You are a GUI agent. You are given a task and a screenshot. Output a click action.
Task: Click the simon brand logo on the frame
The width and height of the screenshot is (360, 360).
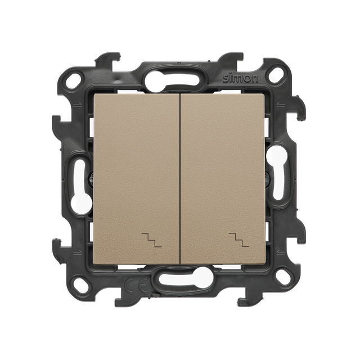[x=241, y=79]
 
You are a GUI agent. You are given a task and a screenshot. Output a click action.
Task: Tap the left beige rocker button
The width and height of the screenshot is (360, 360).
[x=136, y=179]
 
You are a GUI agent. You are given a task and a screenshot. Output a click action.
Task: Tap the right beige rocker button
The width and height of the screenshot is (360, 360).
[x=223, y=179]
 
